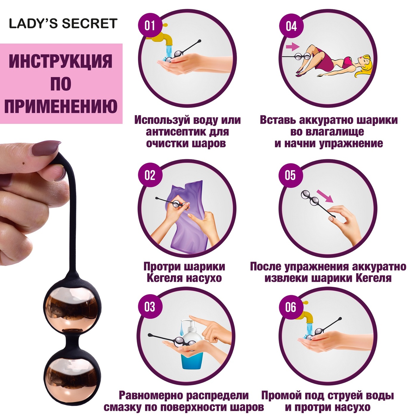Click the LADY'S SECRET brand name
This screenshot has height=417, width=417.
[x=63, y=24]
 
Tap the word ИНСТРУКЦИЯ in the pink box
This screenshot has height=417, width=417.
[x=61, y=61]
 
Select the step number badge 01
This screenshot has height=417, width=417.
[x=150, y=26]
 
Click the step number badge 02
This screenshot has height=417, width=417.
[x=150, y=175]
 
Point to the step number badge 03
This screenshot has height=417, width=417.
[x=150, y=306]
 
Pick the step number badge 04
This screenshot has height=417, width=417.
[x=291, y=26]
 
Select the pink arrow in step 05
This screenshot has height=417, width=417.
[x=325, y=196]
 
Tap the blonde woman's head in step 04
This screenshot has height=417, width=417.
[x=364, y=65]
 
